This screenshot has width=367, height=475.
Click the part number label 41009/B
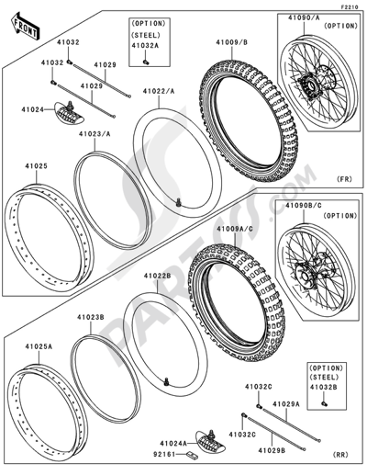(233, 41)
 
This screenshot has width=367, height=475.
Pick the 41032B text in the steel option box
(327, 390)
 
